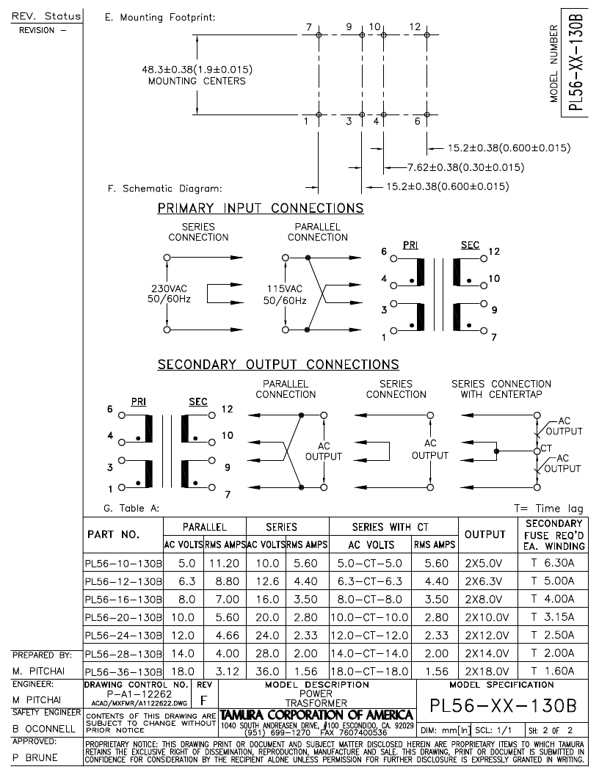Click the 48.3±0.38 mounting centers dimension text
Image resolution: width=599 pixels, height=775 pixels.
pyautogui.click(x=197, y=75)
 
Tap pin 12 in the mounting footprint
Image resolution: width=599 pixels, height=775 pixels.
pyautogui.click(x=427, y=35)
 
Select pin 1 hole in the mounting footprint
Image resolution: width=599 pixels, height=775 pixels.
pyautogui.click(x=319, y=115)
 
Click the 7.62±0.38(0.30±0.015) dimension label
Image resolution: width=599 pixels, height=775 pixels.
pyautogui.click(x=465, y=167)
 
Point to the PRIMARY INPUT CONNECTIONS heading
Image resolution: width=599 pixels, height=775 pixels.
pyautogui.click(x=261, y=208)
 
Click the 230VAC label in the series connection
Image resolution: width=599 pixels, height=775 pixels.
pyautogui.click(x=169, y=288)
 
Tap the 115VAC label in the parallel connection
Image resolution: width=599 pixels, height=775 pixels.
pyautogui.click(x=285, y=288)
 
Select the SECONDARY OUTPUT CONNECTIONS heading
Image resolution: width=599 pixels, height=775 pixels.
pyautogui.click(x=278, y=365)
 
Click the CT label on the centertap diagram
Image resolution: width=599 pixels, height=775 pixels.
pyautogui.click(x=546, y=448)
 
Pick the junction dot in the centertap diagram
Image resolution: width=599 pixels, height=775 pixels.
pyautogui.click(x=496, y=451)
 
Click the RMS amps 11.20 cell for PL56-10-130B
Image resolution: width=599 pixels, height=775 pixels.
pyautogui.click(x=225, y=564)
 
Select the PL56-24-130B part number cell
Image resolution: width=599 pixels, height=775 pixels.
pyautogui.click(x=123, y=636)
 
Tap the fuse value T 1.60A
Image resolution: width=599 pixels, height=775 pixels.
pyautogui.click(x=553, y=671)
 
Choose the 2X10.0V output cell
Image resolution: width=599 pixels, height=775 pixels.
pyautogui.click(x=487, y=617)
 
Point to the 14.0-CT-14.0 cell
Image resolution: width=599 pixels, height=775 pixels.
pyautogui.click(x=370, y=653)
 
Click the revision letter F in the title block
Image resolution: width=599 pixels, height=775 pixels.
pyautogui.click(x=203, y=701)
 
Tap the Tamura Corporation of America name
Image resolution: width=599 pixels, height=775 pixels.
pyautogui.click(x=316, y=716)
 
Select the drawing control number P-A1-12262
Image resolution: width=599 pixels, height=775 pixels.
pyautogui.click(x=139, y=694)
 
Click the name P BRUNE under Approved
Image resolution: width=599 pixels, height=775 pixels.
pyautogui.click(x=35, y=757)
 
